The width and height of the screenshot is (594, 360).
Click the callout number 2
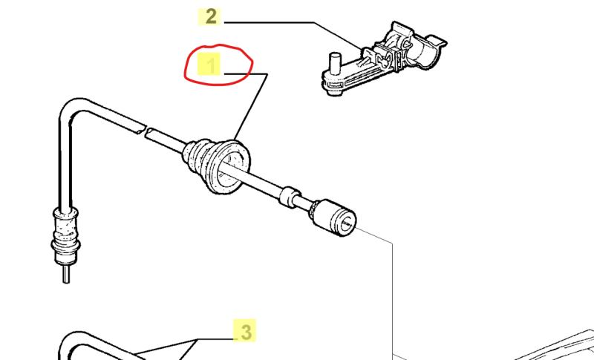pos(211,16)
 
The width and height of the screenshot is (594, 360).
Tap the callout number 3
pos(246,332)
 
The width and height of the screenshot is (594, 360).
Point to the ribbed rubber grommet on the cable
pos(216,166)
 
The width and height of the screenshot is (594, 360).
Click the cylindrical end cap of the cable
pos(333,217)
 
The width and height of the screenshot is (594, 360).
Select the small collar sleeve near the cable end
pos(290,196)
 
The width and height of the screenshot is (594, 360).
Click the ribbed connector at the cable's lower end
pos(65,235)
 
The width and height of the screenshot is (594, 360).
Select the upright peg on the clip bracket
pos(335,62)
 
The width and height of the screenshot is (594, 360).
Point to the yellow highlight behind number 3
pos(244,330)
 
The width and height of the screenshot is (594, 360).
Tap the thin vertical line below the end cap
pos(393,299)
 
